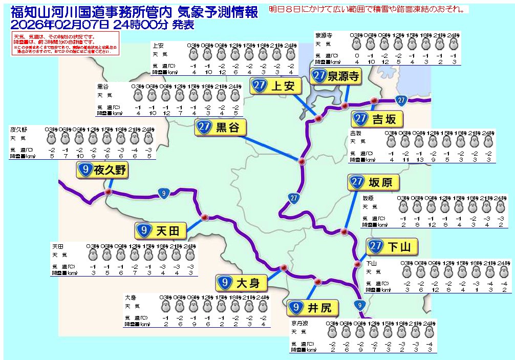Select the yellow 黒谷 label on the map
[220, 127]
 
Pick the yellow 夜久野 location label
[102, 171]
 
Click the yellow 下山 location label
[392, 247]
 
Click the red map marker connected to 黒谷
[302, 161]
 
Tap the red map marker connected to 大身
[283, 267]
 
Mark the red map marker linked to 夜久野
[108, 192]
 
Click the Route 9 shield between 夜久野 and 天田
[163, 194]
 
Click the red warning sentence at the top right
[368, 9]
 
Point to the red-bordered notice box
[66, 44]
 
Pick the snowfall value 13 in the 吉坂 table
[419, 160]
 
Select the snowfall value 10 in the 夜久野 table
[79, 156]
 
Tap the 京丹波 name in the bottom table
[299, 324]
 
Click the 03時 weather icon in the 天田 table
[93, 255]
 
